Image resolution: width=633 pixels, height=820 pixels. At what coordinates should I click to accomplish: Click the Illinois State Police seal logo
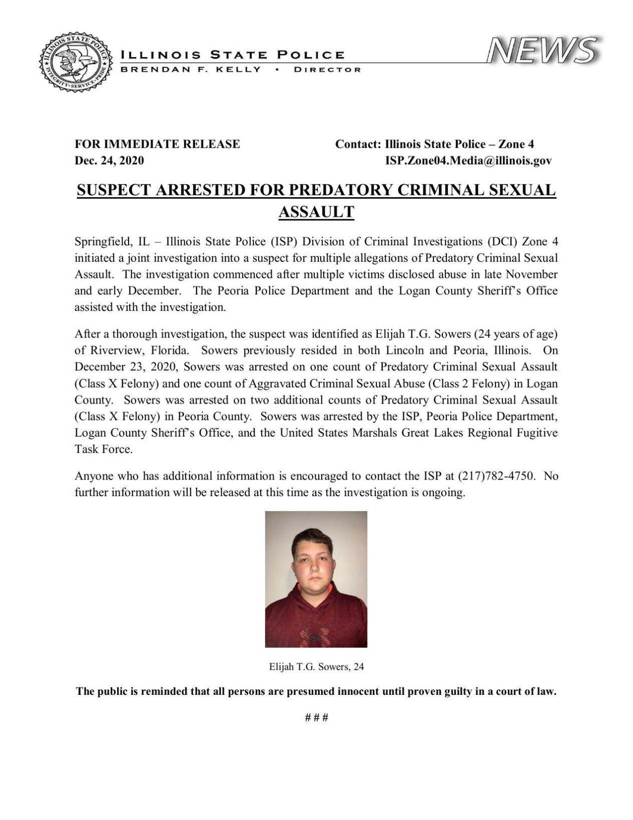click(x=76, y=63)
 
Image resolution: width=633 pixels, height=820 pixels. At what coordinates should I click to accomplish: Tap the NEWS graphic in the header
click(x=542, y=51)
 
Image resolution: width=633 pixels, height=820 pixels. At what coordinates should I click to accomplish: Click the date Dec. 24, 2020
click(x=109, y=161)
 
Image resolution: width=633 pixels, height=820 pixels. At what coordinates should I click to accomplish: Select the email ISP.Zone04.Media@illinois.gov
click(x=468, y=161)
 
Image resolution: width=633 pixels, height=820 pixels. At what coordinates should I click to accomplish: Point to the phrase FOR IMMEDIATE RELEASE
click(x=157, y=144)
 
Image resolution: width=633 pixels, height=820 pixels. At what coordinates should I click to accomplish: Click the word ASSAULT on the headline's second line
click(x=316, y=212)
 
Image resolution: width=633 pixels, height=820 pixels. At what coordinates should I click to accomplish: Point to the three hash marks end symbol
click(x=316, y=717)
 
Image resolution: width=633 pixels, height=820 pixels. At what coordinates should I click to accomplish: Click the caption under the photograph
click(x=316, y=666)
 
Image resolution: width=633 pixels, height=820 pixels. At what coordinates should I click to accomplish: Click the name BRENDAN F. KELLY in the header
click(x=191, y=70)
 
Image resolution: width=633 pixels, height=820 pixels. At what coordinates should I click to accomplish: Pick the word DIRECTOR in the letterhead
click(x=327, y=70)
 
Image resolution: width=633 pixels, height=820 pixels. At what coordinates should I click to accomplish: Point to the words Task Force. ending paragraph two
click(x=104, y=449)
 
